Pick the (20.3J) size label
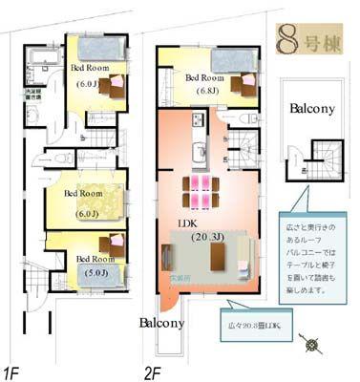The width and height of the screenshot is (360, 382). (207, 236)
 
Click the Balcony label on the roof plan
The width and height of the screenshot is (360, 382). (312, 109)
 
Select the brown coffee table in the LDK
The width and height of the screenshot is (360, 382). (216, 256)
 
